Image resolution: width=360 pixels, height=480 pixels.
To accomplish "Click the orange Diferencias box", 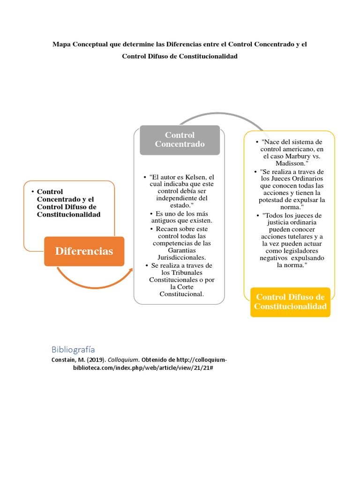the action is [84, 251].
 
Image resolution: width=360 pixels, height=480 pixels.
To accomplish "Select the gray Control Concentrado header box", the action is [180, 140].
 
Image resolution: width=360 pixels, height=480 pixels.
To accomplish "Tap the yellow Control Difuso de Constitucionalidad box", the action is [290, 302].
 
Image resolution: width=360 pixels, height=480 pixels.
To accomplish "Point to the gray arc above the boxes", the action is [220, 114].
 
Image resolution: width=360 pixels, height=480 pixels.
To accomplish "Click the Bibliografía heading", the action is [73, 349].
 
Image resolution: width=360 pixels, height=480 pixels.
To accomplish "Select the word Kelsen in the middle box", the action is [197, 177].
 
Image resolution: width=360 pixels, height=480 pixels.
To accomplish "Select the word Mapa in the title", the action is [61, 44].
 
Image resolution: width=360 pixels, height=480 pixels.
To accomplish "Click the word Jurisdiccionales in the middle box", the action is [180, 258].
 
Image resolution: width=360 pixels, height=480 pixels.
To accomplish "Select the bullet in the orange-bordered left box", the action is [31, 192].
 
